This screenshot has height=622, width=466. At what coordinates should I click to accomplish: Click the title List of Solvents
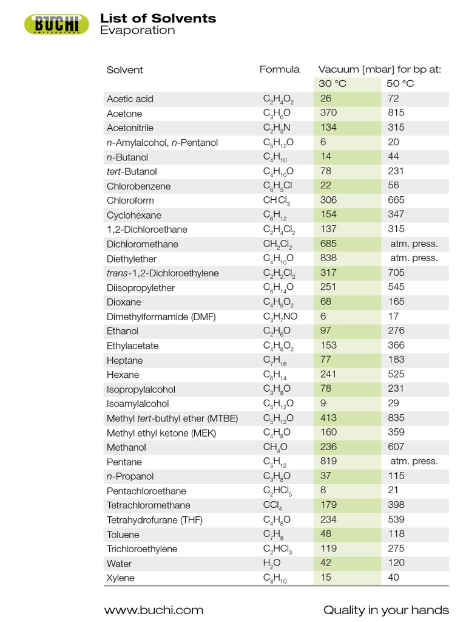(158, 18)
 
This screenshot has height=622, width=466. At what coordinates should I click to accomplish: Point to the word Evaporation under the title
(137, 30)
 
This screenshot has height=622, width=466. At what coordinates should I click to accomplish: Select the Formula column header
(279, 69)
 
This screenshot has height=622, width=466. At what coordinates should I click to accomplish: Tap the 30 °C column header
(332, 84)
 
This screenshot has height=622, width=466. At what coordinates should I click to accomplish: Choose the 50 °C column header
(400, 84)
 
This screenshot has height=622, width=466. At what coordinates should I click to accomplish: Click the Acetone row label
(124, 114)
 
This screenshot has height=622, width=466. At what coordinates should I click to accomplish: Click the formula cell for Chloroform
(276, 201)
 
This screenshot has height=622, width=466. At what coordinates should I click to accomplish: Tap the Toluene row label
(123, 535)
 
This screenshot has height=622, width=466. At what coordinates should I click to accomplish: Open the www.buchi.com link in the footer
(154, 610)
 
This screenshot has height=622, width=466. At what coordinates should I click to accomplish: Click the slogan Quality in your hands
(386, 610)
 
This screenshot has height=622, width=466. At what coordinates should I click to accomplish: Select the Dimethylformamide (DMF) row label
(161, 317)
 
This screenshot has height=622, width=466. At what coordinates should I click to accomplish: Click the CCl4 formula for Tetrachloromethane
(272, 505)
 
